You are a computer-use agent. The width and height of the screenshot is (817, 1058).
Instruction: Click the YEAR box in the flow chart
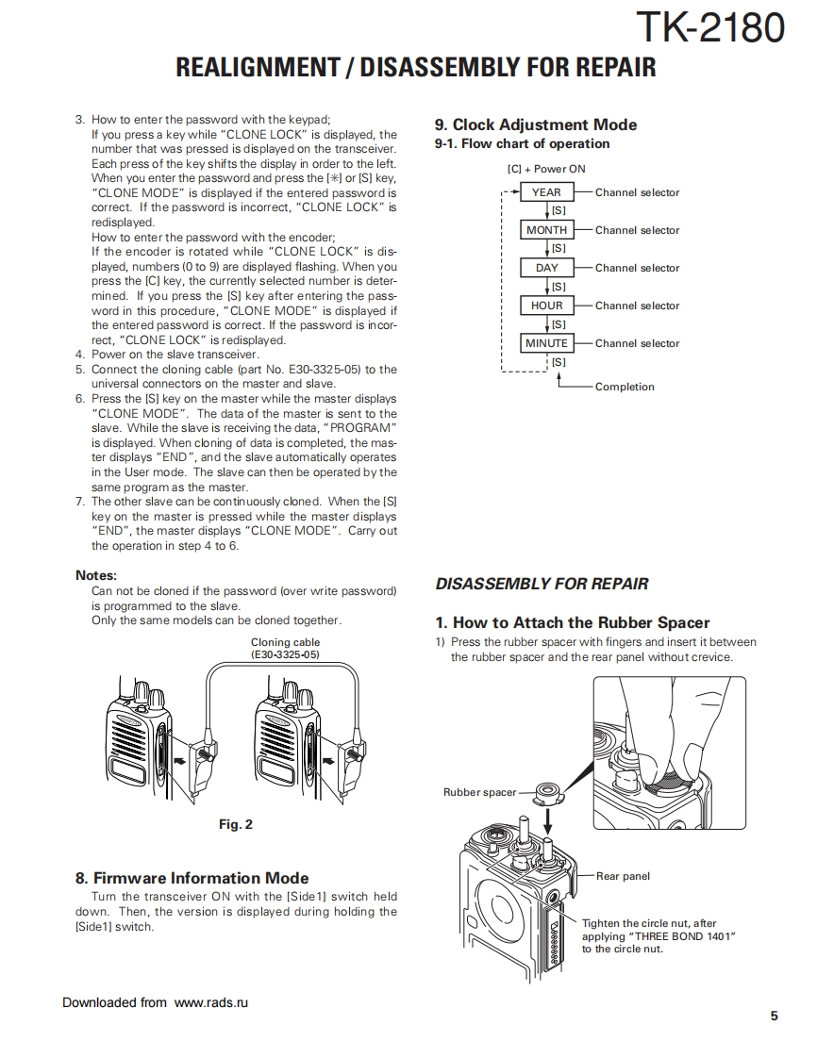point(546,192)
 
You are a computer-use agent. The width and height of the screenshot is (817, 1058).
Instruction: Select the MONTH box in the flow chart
point(546,230)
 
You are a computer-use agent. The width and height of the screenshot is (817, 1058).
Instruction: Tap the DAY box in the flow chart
point(546,268)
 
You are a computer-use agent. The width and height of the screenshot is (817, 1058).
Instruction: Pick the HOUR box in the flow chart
point(546,306)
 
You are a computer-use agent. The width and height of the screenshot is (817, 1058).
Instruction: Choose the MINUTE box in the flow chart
point(546,343)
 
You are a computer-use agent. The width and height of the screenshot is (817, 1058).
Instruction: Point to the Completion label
point(624,387)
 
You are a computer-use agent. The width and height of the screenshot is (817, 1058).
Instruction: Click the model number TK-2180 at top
point(709,28)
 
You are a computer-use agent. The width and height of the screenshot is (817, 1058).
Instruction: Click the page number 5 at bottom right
point(774,1016)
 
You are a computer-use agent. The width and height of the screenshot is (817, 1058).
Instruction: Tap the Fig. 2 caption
point(236,824)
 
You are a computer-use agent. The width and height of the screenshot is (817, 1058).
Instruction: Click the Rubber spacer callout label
point(480,792)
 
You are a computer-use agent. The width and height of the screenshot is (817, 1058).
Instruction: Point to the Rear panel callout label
point(623,876)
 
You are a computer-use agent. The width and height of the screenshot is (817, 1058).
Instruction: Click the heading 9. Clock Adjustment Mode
point(535,124)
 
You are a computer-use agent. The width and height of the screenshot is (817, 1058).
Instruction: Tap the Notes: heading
point(96,575)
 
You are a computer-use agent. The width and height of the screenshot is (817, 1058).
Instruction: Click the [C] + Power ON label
point(545,169)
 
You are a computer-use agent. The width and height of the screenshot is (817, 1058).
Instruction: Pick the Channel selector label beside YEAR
point(637,192)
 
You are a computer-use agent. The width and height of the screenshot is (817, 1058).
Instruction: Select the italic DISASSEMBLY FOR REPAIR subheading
point(542,584)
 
